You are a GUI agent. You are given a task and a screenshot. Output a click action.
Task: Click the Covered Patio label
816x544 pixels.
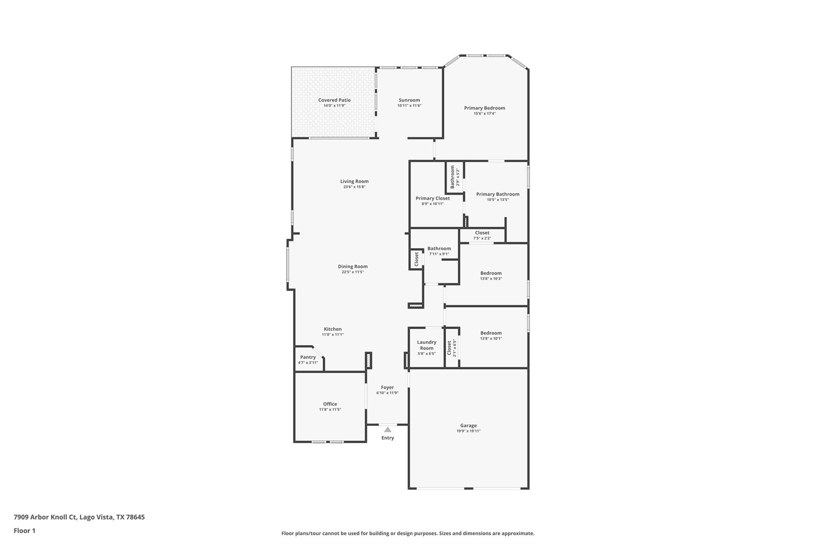pos(334,100)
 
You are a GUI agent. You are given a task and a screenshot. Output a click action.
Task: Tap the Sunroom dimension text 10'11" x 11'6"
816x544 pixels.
pos(409,106)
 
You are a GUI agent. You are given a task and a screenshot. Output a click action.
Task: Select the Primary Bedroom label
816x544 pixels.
pos(484,108)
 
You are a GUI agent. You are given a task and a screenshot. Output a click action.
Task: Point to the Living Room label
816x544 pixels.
pos(354,181)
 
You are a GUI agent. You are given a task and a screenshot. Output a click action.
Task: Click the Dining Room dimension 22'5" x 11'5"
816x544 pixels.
pos(353,272)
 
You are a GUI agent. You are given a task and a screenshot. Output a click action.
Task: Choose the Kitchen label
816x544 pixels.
pos(332,329)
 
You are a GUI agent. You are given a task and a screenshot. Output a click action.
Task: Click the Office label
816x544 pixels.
pos(330,404)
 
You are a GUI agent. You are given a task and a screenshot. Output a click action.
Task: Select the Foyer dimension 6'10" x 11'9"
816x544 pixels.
pos(387,393)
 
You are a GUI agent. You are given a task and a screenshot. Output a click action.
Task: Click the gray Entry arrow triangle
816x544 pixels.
pos(388,430)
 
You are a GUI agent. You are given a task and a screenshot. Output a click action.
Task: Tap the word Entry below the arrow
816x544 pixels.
pos(388,438)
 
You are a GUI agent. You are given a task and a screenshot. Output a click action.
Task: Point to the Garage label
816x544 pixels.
pos(468,426)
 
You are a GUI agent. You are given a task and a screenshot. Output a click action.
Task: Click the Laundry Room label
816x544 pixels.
pos(426,345)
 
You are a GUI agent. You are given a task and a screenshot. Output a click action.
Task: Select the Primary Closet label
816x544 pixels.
pos(433,198)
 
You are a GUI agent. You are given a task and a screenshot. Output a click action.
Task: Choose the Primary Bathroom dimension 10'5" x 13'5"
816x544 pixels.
pos(498,200)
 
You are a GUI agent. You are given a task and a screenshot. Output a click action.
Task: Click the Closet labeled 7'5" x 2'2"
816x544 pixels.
pos(482,235)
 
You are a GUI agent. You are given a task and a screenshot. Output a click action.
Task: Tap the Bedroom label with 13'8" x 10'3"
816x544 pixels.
pos(491,273)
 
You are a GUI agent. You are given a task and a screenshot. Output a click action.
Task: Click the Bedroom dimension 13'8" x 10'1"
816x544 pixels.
pos(491,339)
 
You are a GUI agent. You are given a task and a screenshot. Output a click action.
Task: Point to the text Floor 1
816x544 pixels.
pos(25,530)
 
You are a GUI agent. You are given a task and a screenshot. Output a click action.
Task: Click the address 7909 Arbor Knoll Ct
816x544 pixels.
pos(45,517)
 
